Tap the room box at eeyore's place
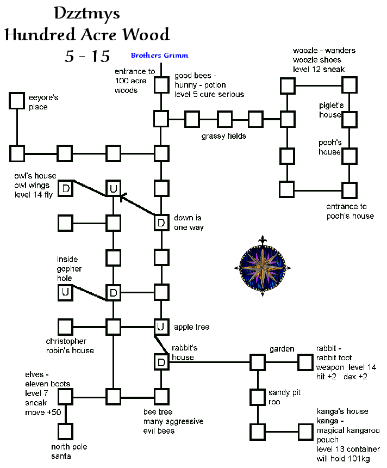(x=17, y=101)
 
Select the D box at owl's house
(x=66, y=188)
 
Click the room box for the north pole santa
(x=66, y=432)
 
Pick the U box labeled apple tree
(x=160, y=327)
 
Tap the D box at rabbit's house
(x=160, y=362)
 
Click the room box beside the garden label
(x=257, y=362)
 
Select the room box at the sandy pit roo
(x=257, y=396)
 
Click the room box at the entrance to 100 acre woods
(x=160, y=85)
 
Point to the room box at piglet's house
(x=349, y=119)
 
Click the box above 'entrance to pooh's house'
(x=349, y=190)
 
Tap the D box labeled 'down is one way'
(x=160, y=222)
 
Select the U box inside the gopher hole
(x=66, y=293)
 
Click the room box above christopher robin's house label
(x=66, y=327)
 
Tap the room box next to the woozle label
(x=349, y=85)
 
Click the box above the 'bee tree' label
(x=160, y=397)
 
